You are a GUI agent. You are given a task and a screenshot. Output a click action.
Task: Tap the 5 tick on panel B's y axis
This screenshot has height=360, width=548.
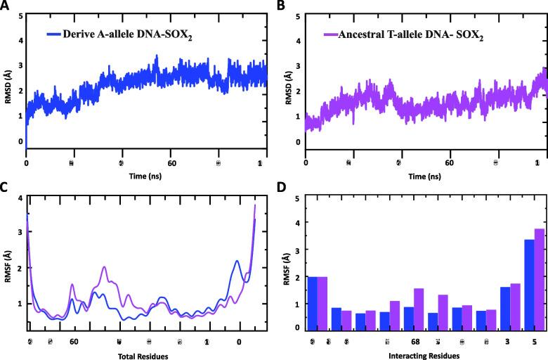[299, 15]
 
